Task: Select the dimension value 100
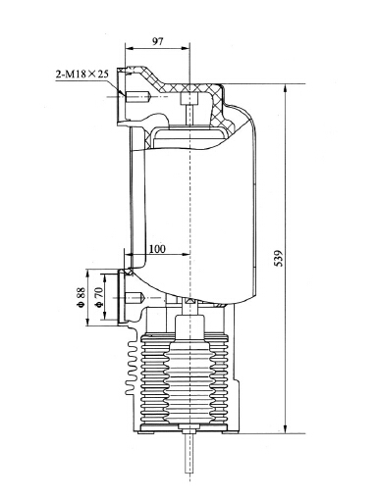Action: pos(157,251)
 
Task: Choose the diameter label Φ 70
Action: pos(99,300)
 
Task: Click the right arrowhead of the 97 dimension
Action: pos(186,51)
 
